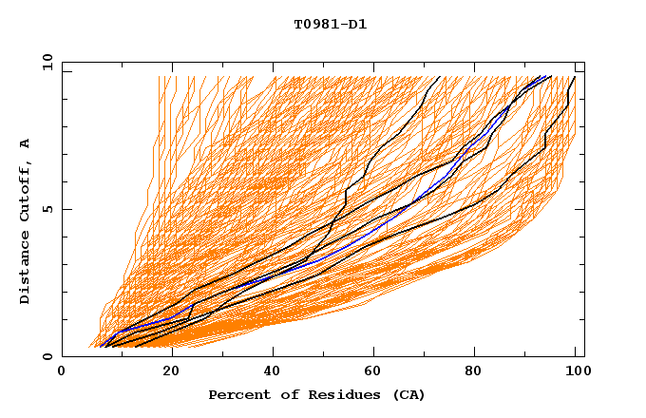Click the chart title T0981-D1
click(331, 25)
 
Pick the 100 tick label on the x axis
click(576, 371)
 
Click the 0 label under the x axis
click(62, 371)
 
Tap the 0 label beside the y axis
click(47, 357)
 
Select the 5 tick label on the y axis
click(47, 209)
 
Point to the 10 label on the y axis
click(44, 62)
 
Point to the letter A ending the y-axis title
click(26, 142)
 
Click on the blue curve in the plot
click(380, 235)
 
